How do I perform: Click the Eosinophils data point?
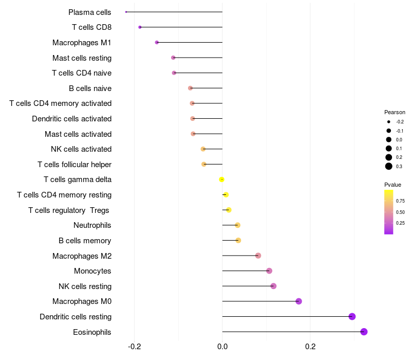[x=364, y=332]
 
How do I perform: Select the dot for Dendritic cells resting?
[x=352, y=316]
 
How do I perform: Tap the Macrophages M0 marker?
[x=298, y=301]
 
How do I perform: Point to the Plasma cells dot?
[x=126, y=12]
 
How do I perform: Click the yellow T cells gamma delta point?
[x=221, y=179]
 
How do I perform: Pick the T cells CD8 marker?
[x=140, y=27]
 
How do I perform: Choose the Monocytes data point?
[x=269, y=271]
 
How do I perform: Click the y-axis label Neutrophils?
[x=92, y=225]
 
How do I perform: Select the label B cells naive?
[x=90, y=88]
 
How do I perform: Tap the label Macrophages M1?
[x=82, y=43]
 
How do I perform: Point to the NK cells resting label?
[x=85, y=286]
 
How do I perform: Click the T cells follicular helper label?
[x=74, y=165]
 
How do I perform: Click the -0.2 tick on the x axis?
[x=134, y=347]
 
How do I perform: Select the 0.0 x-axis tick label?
[x=222, y=347]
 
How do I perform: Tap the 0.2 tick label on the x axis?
[x=310, y=347]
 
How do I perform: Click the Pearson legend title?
[x=395, y=112]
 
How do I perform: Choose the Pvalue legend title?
[x=393, y=185]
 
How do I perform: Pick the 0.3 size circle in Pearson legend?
[x=389, y=166]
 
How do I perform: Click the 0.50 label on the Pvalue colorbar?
[x=400, y=212]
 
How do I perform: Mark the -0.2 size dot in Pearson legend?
[x=389, y=122]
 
